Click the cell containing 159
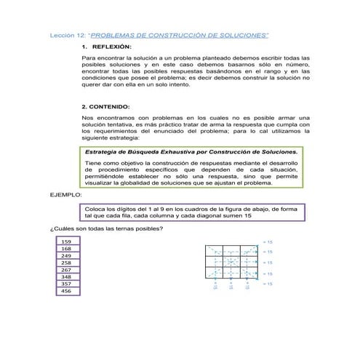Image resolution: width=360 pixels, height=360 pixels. [66, 241]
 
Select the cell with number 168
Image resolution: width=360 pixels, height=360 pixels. [66, 249]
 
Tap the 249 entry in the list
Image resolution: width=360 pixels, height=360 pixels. [66, 256]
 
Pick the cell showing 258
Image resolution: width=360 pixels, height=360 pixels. [66, 263]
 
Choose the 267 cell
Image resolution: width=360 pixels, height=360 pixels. [66, 270]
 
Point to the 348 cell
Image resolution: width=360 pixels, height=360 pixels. [66, 277]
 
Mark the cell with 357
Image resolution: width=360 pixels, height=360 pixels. [66, 284]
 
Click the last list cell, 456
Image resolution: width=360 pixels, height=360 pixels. [66, 291]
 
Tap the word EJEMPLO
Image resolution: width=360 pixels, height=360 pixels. [65, 196]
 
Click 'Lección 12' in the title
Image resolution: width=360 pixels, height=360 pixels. [67, 34]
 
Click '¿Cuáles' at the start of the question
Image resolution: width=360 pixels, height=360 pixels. [61, 230]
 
